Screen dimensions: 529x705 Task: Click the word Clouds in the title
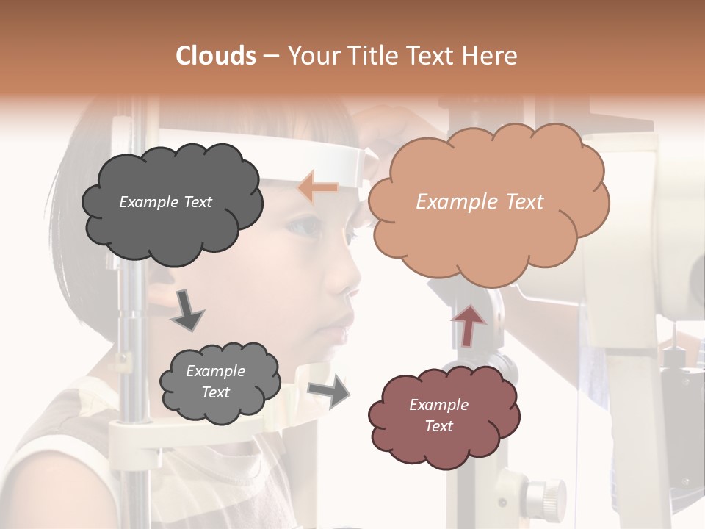[x=216, y=56]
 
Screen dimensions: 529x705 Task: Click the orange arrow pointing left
[x=318, y=187]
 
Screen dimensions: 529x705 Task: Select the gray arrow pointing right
[x=328, y=391]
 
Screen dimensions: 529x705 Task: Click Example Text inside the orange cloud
[x=480, y=202]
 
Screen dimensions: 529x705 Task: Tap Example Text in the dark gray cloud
[x=165, y=202]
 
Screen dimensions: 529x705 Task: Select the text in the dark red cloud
[x=438, y=415]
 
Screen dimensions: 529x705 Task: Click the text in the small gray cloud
[x=215, y=381]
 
